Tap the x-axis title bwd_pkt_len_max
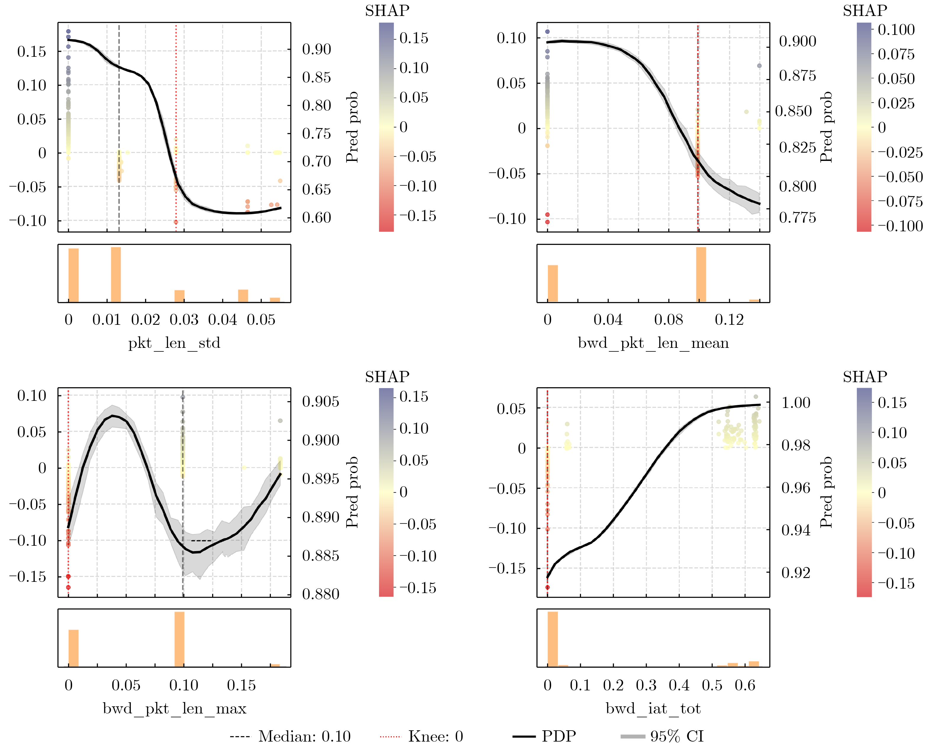[174, 708]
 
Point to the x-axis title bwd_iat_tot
[653, 708]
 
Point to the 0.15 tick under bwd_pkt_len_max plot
[241, 685]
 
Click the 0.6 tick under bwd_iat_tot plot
[745, 685]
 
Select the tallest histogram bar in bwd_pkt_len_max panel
[179, 639]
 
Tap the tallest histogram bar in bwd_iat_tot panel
[552, 639]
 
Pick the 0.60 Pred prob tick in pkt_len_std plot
[316, 217]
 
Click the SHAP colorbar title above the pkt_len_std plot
[387, 10]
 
